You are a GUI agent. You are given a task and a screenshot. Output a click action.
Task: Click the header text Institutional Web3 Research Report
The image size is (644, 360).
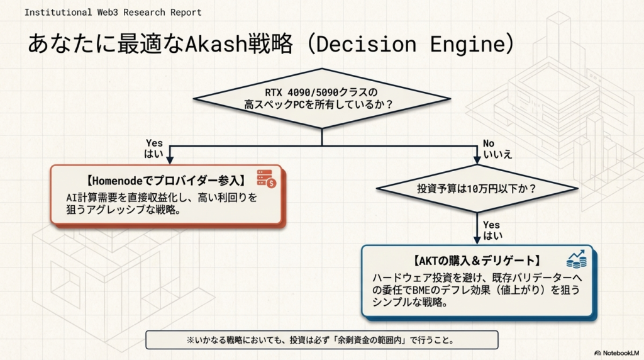113,12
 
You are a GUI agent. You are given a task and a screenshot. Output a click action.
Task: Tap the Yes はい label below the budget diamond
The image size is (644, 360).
492,230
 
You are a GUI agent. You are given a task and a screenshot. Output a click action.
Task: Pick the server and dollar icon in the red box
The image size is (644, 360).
266,179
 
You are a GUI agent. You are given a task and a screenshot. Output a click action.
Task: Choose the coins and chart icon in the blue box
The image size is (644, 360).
575,259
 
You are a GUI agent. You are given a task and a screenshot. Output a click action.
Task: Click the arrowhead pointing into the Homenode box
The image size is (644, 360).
168,160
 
